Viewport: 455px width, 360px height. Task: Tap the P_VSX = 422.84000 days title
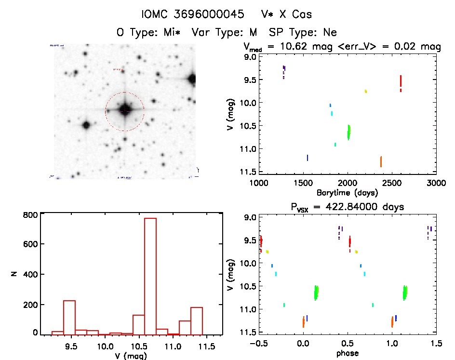click(x=348, y=207)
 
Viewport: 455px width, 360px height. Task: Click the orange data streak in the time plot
click(x=381, y=161)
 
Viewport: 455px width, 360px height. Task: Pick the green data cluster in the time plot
click(x=348, y=131)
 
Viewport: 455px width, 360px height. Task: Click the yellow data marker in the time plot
click(x=366, y=91)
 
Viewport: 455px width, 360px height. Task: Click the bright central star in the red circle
click(x=125, y=110)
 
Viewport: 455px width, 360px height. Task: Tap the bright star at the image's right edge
click(x=192, y=79)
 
